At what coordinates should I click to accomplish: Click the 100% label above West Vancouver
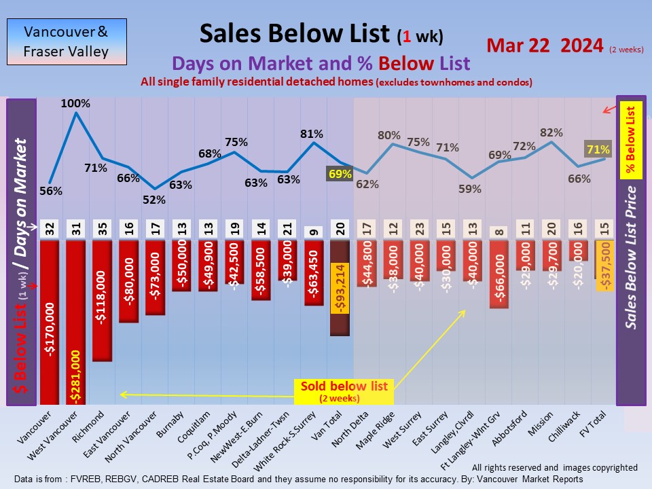click(x=75, y=104)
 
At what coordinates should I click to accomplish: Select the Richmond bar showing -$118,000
click(x=102, y=299)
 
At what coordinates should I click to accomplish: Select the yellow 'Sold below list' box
click(x=344, y=391)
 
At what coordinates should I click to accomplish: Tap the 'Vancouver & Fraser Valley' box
click(x=66, y=41)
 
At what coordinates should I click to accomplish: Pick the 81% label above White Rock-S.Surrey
click(x=313, y=133)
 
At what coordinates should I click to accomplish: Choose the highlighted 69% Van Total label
click(x=340, y=174)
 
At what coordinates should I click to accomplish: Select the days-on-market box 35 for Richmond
click(x=102, y=230)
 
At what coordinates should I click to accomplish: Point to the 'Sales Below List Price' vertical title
click(x=632, y=258)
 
